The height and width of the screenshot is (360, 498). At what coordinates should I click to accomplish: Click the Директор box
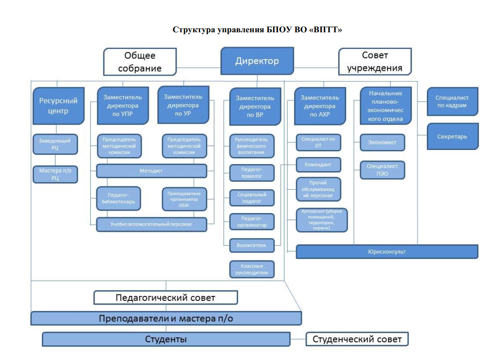(x=257, y=61)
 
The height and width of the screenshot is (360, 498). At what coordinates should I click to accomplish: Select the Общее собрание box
(x=140, y=62)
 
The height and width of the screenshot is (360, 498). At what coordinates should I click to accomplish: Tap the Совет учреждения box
(x=374, y=62)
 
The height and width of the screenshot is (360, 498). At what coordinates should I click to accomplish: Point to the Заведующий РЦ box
(x=56, y=144)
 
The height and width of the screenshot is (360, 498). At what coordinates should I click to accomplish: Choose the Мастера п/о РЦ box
(x=56, y=175)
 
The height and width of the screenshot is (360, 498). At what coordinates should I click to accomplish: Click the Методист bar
(x=151, y=171)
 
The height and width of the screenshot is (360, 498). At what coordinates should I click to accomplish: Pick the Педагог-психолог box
(x=252, y=173)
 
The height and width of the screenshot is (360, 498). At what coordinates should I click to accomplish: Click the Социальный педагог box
(x=252, y=197)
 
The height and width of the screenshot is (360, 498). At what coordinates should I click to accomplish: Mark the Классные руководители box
(x=252, y=269)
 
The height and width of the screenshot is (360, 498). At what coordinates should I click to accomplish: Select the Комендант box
(x=318, y=165)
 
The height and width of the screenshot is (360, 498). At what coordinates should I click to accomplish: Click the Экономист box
(x=382, y=142)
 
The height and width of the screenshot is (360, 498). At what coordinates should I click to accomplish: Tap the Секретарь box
(x=452, y=136)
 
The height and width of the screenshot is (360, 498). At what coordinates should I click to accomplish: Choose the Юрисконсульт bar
(x=386, y=251)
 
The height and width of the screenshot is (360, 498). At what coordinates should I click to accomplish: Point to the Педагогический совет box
(x=165, y=297)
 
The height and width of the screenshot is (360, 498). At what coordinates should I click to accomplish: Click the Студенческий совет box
(x=357, y=339)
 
